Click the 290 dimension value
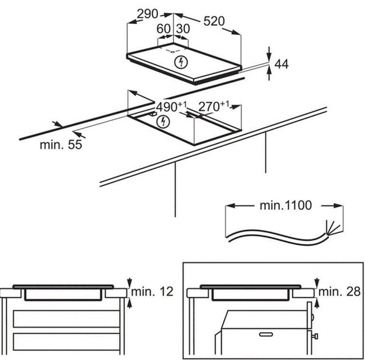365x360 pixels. pos(148,14)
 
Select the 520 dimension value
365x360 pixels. pos(214,21)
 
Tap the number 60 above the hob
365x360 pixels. pos(164,29)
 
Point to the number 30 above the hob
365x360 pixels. pos(183,29)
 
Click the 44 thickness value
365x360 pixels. pos(282,64)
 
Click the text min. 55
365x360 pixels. pos(61,145)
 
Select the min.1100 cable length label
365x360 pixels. pos(285,206)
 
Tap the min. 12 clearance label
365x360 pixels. pos(152,291)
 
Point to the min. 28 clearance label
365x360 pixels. pos(339,291)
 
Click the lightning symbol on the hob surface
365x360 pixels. pos(181,62)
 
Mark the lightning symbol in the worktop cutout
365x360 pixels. pos(163,122)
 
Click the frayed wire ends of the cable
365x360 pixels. pos(333,227)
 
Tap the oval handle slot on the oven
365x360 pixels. pos(266,334)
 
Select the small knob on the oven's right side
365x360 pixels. pos(315,336)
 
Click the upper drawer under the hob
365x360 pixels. pos(66,319)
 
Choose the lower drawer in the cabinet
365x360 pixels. pos(66,342)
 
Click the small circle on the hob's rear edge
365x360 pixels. pos(173,52)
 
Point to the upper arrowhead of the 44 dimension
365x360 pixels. pos(269,56)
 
